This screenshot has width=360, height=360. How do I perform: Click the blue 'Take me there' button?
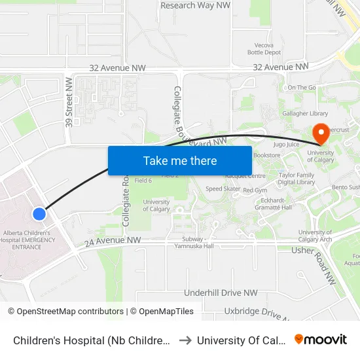180,160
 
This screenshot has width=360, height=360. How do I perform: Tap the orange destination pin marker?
321,134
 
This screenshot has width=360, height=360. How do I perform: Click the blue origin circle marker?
39,213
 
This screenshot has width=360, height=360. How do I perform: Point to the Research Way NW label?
196,5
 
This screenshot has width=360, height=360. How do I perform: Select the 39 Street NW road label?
68,101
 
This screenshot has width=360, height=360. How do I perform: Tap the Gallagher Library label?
306,113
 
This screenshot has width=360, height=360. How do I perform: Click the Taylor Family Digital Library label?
297,179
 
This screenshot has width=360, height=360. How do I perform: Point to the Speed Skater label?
223,189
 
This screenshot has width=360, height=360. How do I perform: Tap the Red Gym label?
256,190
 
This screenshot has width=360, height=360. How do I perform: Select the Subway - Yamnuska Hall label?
194,242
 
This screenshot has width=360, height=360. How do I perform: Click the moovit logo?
321,339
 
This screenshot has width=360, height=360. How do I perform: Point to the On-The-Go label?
302,87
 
